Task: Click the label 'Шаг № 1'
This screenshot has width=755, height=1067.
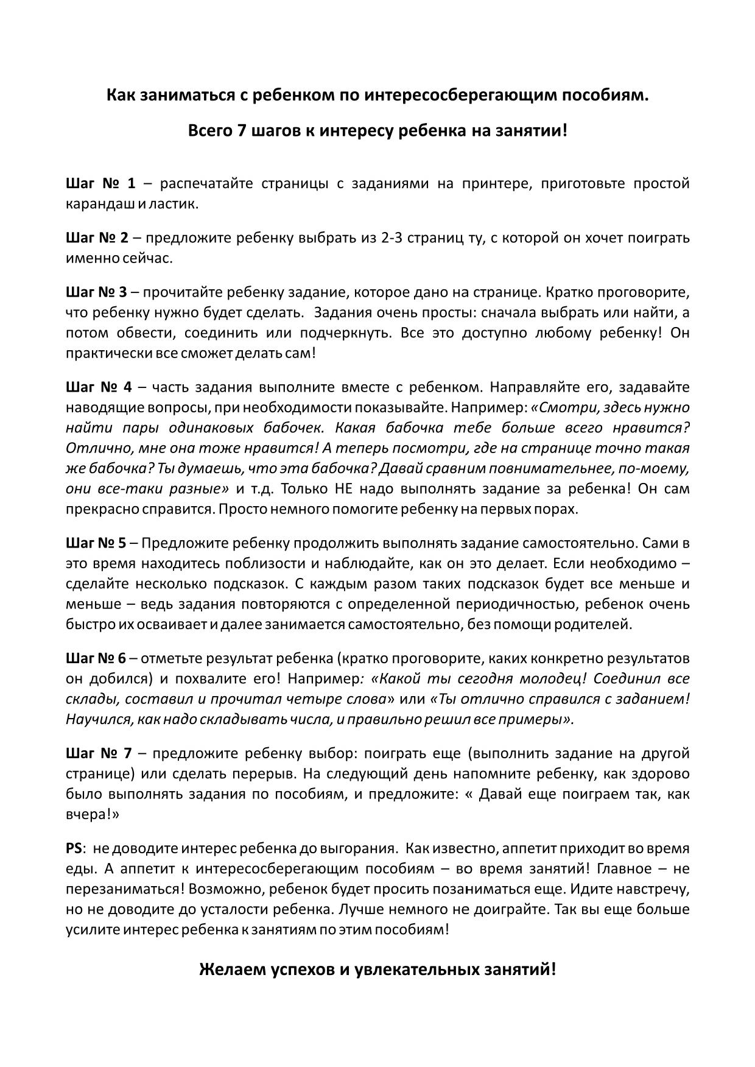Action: click(x=100, y=183)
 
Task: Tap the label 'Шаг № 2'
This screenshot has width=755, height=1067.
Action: click(x=96, y=238)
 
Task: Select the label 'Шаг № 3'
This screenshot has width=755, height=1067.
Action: click(x=96, y=292)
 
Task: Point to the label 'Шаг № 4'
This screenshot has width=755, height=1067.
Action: click(x=98, y=387)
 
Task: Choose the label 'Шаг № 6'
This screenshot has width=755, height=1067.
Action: click(x=95, y=658)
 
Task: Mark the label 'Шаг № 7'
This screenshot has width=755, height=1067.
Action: click(x=98, y=753)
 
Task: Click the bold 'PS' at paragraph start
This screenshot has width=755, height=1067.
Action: click(x=74, y=848)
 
